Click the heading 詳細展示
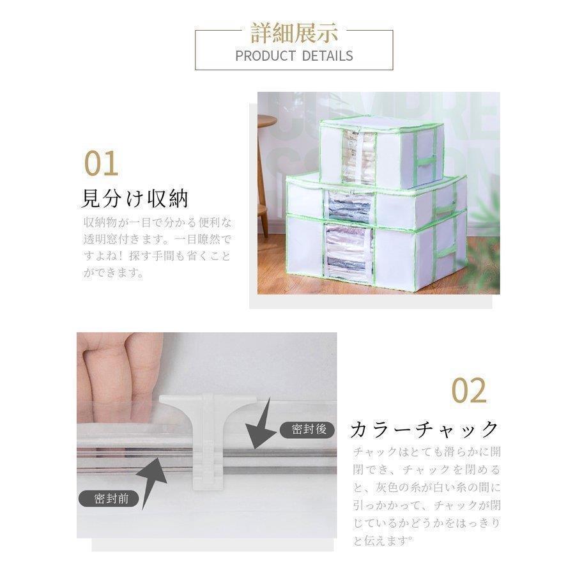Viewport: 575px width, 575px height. point(294,33)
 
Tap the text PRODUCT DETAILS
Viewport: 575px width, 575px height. point(294,56)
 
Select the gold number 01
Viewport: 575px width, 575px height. point(101,163)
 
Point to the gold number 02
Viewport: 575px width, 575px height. point(469,390)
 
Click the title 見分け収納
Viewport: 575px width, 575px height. point(135,199)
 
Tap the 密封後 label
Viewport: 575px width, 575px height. point(309,429)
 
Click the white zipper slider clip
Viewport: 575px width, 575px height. point(208,440)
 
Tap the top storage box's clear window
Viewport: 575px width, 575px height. point(360,158)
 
